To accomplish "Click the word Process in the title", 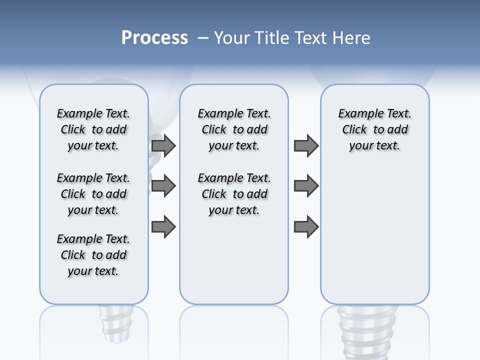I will pos(154,37).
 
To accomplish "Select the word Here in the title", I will pos(352,37).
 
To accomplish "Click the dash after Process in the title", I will pos(203,38).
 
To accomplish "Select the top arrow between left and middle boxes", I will pos(163,145).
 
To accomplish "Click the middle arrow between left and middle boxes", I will pos(163,186).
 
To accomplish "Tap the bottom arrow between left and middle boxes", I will pos(163,226).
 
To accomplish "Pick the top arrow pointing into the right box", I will pos(306,145).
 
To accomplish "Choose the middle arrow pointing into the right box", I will pos(306,186).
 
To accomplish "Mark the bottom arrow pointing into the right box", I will pos(306,226).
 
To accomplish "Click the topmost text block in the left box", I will pos(93,129).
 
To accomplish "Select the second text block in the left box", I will pos(93,194).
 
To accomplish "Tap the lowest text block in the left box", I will pos(93,255).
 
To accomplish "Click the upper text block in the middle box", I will pos(234,129).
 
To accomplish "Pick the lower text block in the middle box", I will pos(234,194).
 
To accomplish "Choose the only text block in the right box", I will pos(374,129).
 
